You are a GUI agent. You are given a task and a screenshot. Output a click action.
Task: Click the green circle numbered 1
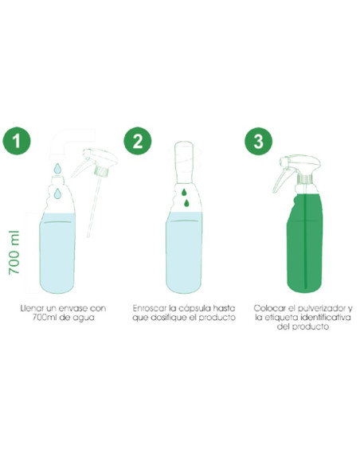pyautogui.click(x=17, y=141)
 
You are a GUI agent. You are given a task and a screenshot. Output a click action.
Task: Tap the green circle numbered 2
pyautogui.click(x=137, y=141)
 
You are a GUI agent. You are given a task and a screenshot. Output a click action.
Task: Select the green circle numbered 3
pyautogui.click(x=258, y=141)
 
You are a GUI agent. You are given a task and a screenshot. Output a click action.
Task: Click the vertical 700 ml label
pyautogui.click(x=14, y=252)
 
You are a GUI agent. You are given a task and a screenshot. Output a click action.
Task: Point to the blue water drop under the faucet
pyautogui.click(x=57, y=168)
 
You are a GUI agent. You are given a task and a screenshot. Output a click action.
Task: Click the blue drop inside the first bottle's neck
pyautogui.click(x=57, y=193)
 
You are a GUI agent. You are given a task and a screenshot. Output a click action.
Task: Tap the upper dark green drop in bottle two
pyautogui.click(x=184, y=192)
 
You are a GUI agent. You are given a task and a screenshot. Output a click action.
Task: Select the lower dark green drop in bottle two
pyautogui.click(x=186, y=203)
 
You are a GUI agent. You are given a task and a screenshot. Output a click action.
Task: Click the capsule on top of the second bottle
pyautogui.click(x=184, y=162)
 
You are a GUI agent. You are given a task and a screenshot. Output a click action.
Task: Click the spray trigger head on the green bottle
pyautogui.click(x=296, y=172)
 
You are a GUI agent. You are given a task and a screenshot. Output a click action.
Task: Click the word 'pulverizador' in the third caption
pyautogui.click(x=320, y=309)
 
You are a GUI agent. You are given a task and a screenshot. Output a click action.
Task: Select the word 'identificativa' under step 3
pyautogui.click(x=326, y=318)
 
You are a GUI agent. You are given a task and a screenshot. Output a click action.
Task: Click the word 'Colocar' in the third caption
pyautogui.click(x=267, y=308)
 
